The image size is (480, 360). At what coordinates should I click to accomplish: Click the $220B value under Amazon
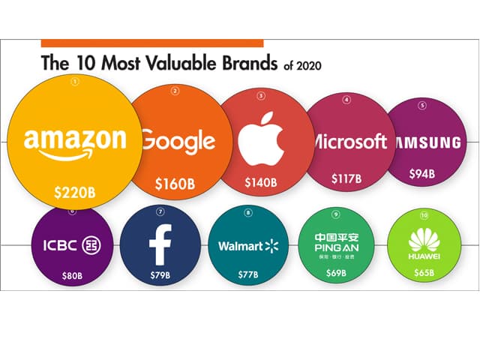[75, 191]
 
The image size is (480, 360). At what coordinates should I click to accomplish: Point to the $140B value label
[261, 181]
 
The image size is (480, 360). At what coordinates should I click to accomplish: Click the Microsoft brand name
[348, 141]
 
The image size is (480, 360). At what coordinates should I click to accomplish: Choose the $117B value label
[346, 179]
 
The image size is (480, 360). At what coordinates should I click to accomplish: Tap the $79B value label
[160, 274]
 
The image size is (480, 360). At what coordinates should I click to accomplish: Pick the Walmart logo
[247, 245]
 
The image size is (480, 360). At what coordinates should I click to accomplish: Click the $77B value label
[247, 274]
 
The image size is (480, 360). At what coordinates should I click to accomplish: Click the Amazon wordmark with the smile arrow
[74, 143]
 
